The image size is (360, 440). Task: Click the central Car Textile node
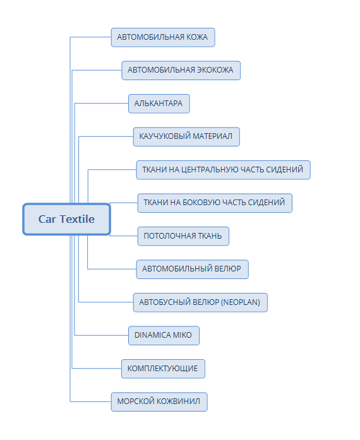click(66, 219)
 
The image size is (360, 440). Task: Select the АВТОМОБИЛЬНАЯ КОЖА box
click(163, 37)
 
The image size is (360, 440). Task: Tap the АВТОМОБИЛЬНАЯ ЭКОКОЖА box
click(181, 71)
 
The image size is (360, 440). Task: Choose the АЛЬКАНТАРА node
click(159, 104)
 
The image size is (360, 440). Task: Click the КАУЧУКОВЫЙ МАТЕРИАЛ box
click(186, 136)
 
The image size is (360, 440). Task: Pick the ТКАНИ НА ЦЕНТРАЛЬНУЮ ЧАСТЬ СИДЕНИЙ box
click(223, 170)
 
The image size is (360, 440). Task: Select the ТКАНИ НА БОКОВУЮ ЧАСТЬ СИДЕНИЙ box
click(215, 203)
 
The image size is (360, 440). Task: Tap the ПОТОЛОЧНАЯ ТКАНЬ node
click(183, 236)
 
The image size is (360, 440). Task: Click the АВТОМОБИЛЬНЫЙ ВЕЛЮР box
click(193, 269)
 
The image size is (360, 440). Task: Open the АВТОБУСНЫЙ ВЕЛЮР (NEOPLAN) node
click(200, 302)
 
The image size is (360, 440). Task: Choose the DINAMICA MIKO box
click(164, 335)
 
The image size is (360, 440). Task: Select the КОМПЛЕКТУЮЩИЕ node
click(163, 369)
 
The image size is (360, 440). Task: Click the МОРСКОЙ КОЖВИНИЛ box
click(159, 401)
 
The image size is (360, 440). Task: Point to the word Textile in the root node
click(76, 219)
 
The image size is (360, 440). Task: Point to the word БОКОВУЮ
click(200, 203)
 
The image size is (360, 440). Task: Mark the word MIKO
click(182, 335)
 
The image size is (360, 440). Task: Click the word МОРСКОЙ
click(136, 401)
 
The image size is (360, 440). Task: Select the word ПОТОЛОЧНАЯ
click(170, 236)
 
